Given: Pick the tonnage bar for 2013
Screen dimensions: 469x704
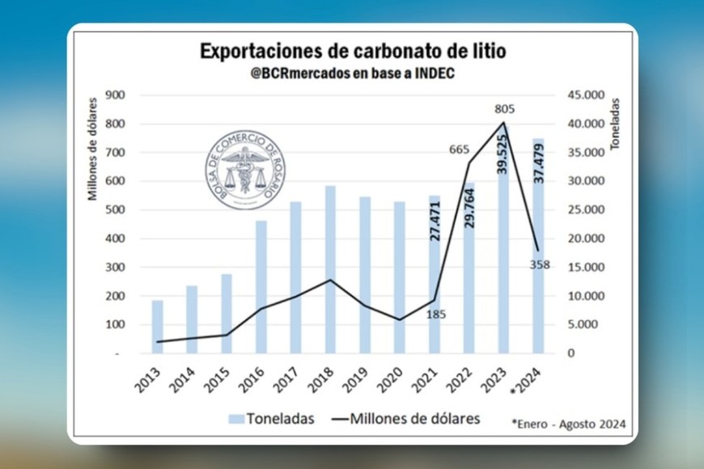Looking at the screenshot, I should [x=157, y=327].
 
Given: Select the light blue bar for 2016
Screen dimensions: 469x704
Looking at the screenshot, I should [x=261, y=286].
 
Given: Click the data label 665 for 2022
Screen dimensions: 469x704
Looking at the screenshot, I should [x=460, y=149].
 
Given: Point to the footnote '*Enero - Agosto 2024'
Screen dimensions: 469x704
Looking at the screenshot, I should [x=569, y=423].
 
